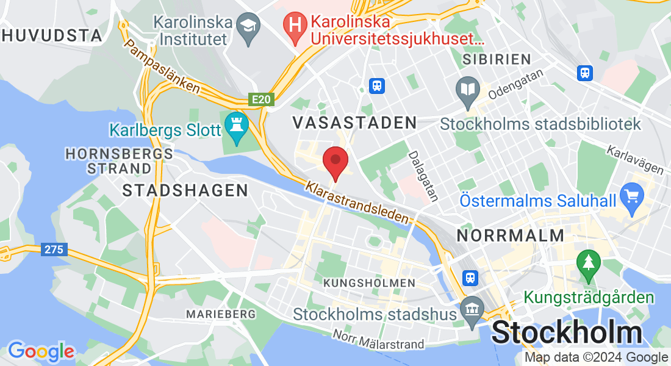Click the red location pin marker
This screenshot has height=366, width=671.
tap(335, 162)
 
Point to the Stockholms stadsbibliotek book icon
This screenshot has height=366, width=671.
tap(468, 90)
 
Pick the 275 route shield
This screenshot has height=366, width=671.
tap(54, 249)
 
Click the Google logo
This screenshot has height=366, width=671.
tap(41, 351)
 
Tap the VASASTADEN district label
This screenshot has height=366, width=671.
tap(354, 123)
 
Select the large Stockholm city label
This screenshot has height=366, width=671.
tap(567, 333)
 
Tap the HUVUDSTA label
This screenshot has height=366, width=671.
tap(51, 35)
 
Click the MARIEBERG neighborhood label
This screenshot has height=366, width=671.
tap(221, 314)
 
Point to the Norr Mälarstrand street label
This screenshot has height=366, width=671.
tap(378, 340)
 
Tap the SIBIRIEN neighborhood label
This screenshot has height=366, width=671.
tap(497, 59)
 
